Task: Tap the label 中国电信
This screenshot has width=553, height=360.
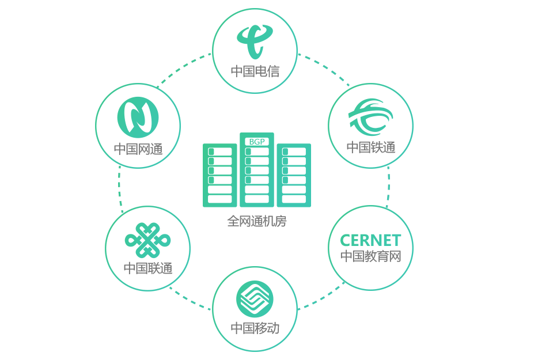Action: (255, 71)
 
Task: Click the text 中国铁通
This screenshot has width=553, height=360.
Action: (371, 147)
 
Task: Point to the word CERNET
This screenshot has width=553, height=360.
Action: (370, 240)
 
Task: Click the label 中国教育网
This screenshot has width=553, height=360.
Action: (370, 256)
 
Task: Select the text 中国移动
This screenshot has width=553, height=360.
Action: (255, 329)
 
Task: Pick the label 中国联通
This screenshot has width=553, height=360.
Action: (148, 268)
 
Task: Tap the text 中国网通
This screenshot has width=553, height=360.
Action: (138, 149)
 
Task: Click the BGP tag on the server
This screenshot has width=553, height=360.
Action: (256, 142)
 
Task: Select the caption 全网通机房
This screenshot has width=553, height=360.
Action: (256, 221)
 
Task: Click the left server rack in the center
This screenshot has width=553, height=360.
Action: (219, 175)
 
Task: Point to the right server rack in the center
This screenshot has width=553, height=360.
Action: (294, 175)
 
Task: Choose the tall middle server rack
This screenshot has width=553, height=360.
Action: (257, 173)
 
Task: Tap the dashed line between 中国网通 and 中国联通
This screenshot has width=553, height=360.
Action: (120, 187)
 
